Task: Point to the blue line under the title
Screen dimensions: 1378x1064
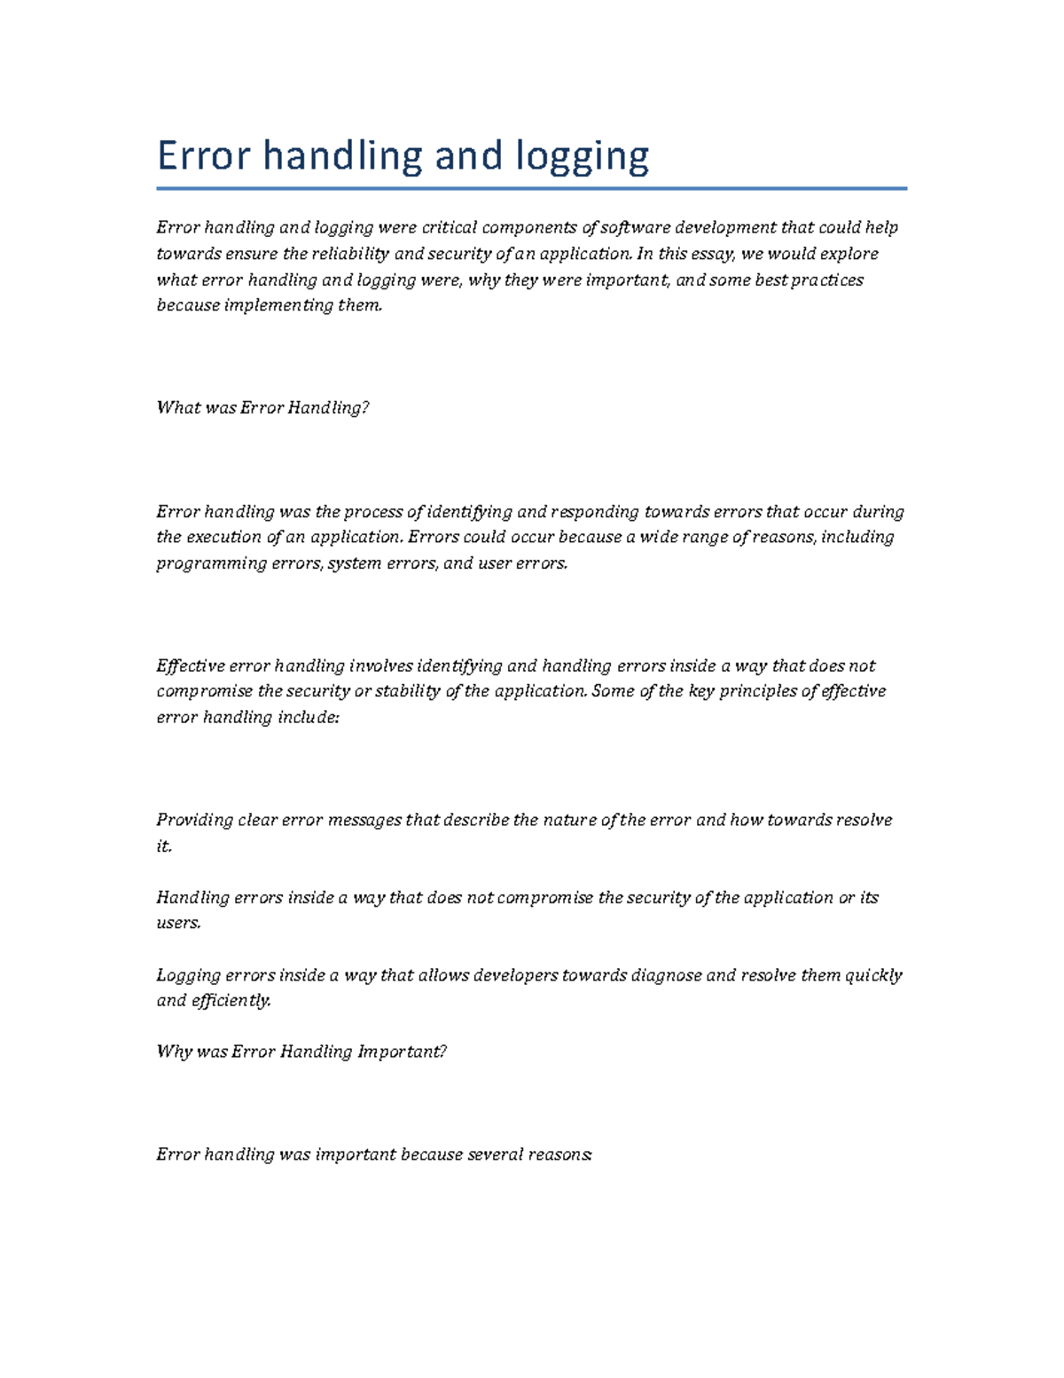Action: point(531,188)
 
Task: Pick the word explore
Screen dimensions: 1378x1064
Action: point(846,254)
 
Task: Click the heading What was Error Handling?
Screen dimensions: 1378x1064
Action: point(262,408)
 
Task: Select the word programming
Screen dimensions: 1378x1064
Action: point(211,563)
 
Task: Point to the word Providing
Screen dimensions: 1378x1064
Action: point(194,820)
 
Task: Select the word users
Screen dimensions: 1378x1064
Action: point(178,923)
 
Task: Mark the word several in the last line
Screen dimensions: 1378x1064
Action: point(495,1154)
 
